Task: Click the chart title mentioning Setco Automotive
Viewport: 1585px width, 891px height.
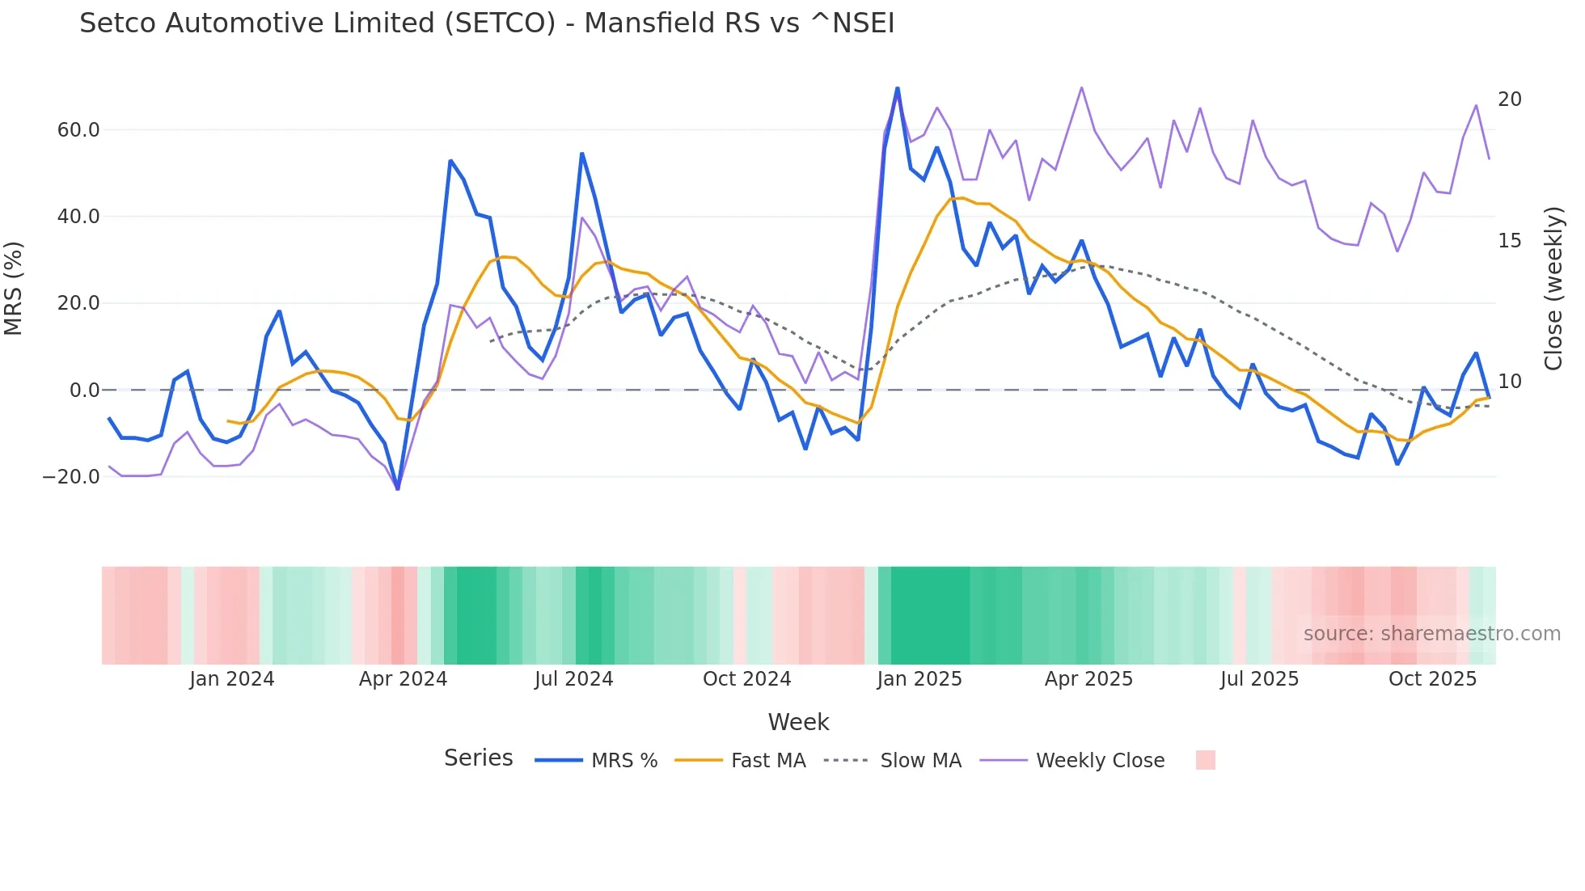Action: click(x=487, y=23)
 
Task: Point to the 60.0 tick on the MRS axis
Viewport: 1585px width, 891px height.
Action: click(x=78, y=130)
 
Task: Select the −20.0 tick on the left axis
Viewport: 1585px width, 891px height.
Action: click(x=71, y=477)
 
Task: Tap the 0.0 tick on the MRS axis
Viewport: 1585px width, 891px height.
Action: click(x=84, y=391)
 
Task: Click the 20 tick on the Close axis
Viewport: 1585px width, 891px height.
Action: click(x=1509, y=99)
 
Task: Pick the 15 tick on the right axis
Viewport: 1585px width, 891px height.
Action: click(x=1509, y=241)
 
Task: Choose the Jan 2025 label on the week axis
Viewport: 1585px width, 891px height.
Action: click(x=919, y=679)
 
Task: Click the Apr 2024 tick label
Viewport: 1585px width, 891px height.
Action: click(x=403, y=679)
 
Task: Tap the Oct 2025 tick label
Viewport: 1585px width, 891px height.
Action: click(x=1432, y=679)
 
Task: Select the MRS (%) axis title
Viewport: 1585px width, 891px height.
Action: click(x=14, y=288)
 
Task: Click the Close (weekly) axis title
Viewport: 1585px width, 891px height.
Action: click(x=1553, y=289)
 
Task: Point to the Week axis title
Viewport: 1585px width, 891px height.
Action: click(x=798, y=722)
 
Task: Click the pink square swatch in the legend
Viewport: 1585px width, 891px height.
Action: click(x=1205, y=760)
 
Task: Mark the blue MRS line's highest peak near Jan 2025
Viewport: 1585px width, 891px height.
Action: click(x=897, y=88)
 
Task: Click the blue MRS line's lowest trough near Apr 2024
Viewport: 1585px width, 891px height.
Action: click(x=397, y=488)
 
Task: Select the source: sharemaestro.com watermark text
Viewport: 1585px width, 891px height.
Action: click(x=1431, y=634)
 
